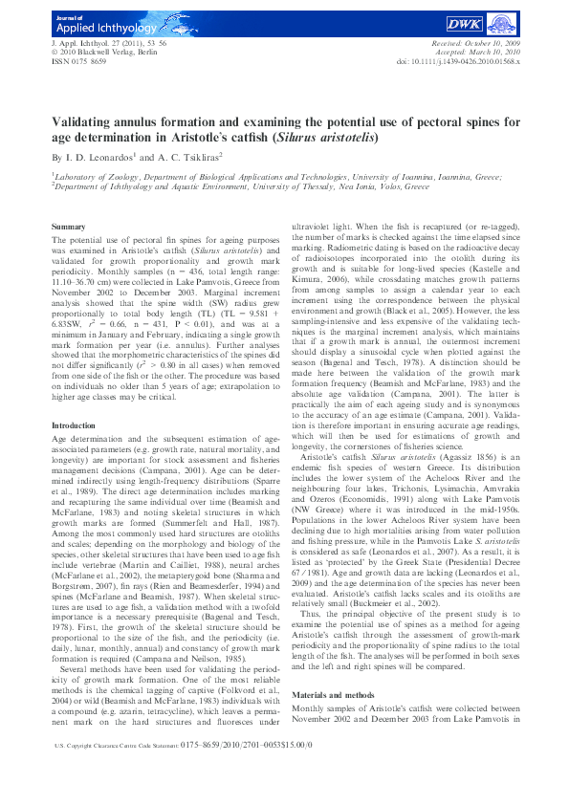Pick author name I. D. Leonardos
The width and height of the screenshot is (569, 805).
100,156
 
